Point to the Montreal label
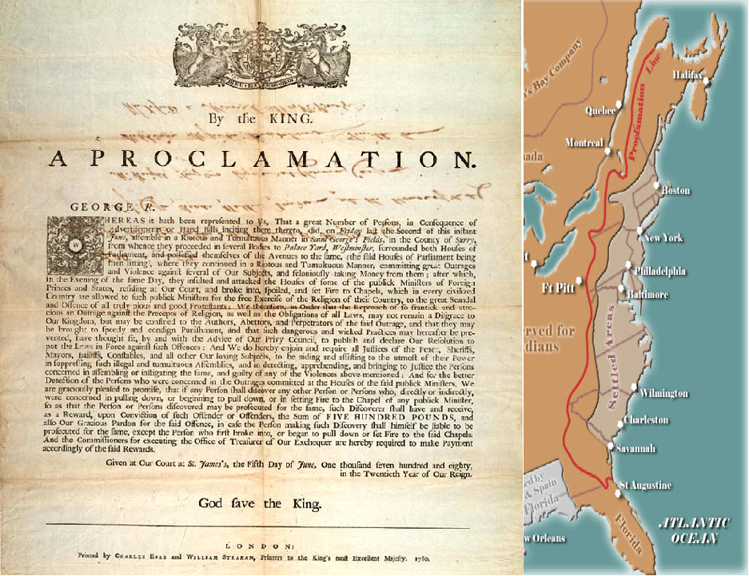coord(584,142)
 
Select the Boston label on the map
coord(675,191)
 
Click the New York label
coord(663,238)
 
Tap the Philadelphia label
coord(659,271)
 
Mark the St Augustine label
coord(645,485)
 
